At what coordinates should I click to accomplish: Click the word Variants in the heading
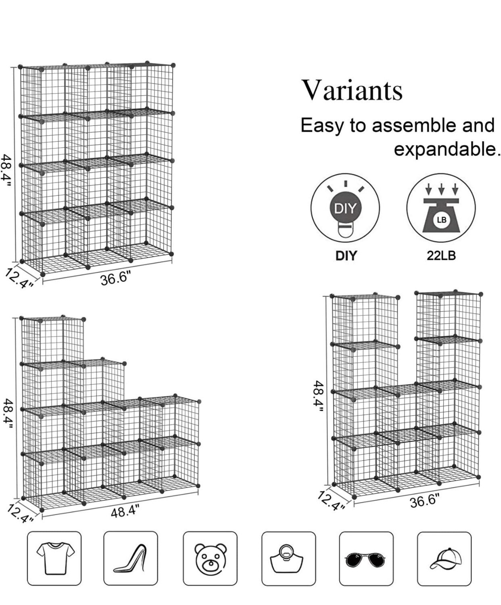click(x=352, y=90)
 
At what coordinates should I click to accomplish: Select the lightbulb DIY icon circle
click(x=345, y=208)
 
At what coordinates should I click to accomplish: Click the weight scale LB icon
click(x=441, y=208)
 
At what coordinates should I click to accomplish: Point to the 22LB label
click(x=441, y=255)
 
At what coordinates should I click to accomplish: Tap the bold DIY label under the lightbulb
click(x=346, y=256)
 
